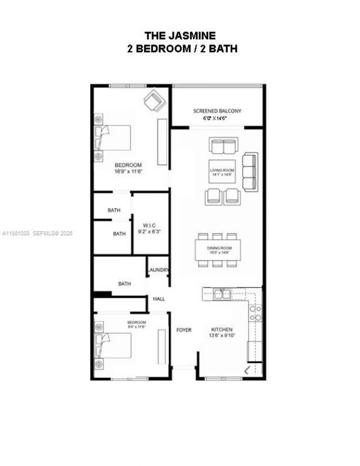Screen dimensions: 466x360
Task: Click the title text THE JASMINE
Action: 180,36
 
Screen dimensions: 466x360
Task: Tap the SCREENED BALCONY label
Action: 217,111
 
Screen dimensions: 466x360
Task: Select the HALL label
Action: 159,299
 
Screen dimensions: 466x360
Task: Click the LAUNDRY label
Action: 158,270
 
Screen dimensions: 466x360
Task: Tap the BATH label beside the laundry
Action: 124,284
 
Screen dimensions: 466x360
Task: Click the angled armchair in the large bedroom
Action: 154,102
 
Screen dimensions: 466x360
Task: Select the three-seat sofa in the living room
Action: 249,172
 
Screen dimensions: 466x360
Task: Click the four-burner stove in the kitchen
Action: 255,313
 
